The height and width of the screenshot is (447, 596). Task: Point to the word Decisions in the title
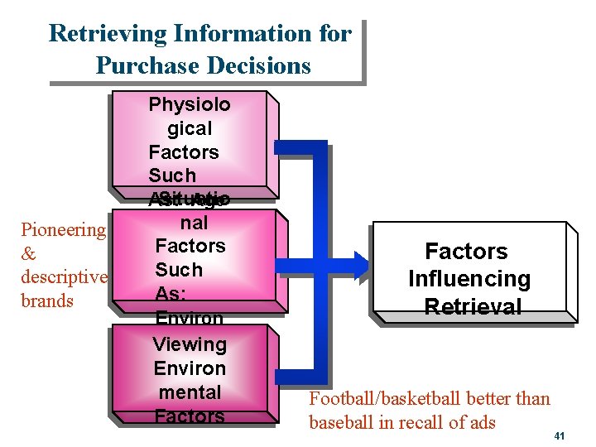(259, 65)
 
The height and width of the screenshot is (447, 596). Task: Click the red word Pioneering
(63, 229)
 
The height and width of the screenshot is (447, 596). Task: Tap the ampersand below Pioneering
(28, 253)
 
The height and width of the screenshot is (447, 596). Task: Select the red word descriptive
(63, 276)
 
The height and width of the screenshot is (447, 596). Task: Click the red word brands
(46, 300)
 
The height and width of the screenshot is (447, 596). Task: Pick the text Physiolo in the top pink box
(190, 104)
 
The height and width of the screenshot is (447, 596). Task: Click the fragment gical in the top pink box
(190, 128)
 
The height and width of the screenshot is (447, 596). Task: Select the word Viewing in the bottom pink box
(190, 344)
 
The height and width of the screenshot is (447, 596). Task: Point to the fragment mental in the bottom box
(190, 392)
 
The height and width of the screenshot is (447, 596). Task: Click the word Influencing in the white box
(469, 279)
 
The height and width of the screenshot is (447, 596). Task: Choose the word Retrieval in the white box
(473, 306)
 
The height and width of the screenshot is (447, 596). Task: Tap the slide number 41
(560, 435)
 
